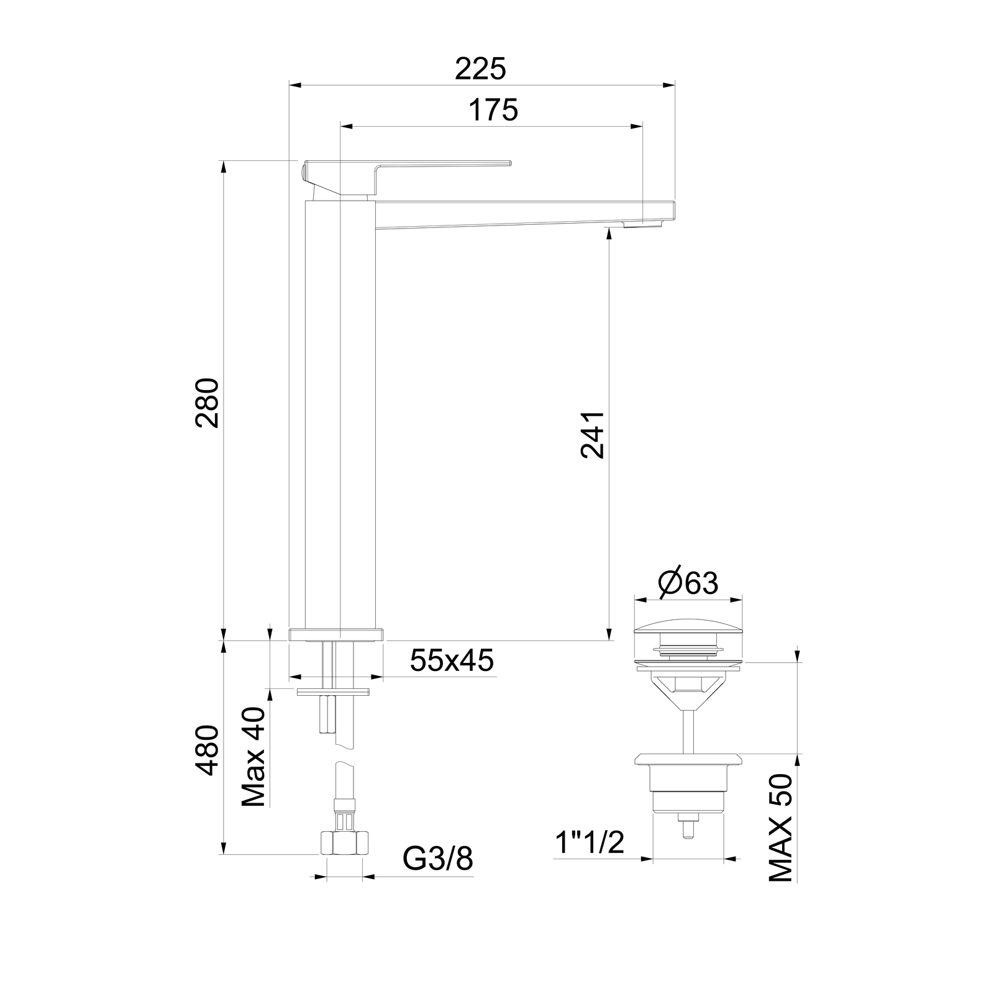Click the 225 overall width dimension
(480, 69)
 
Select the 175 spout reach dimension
(493, 111)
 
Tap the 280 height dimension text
(207, 403)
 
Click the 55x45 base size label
(452, 660)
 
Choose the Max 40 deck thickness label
(253, 757)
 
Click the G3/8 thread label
(438, 859)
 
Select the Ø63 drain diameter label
(688, 582)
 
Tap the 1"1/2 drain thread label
(589, 842)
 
